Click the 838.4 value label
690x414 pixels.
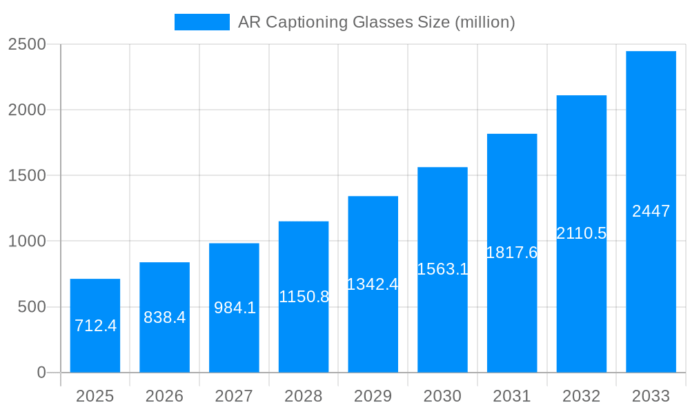coord(164,317)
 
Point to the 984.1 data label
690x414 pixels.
coord(235,308)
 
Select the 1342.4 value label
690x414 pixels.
coord(373,284)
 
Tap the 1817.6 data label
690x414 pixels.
coord(511,253)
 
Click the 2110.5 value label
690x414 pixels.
coord(581,233)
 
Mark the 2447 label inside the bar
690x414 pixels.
coord(651,211)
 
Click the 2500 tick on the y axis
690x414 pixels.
coord(27,44)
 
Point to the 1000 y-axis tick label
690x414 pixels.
coord(27,241)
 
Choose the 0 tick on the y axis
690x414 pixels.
coord(41,373)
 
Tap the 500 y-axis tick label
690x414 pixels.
coord(32,307)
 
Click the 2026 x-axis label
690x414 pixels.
coord(164,396)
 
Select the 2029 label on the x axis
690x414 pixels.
coord(373,396)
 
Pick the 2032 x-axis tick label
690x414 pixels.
coord(581,396)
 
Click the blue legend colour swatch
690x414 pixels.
coord(201,22)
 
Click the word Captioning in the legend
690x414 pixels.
coord(307,22)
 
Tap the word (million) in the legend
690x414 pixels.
coord(484,22)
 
